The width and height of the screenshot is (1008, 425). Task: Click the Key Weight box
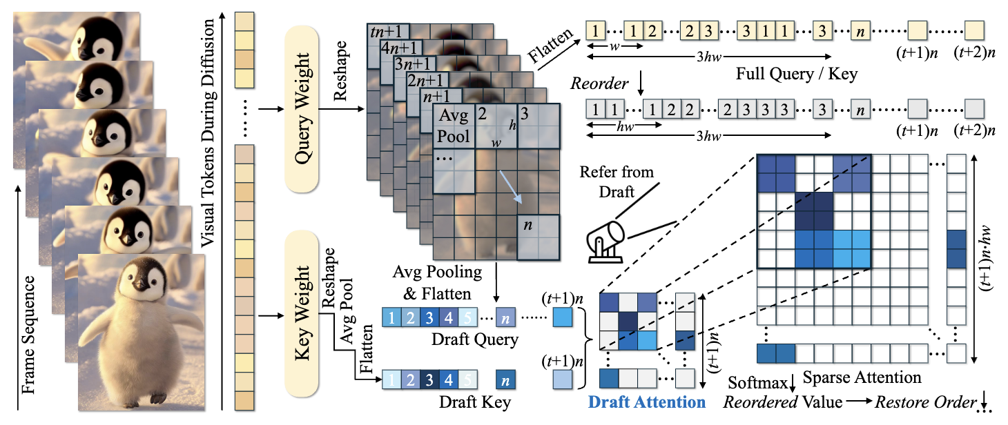click(x=302, y=315)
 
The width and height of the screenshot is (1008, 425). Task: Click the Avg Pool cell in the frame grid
click(x=454, y=126)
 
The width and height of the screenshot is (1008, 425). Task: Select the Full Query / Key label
click(x=797, y=73)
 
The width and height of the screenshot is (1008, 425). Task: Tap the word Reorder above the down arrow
click(x=599, y=83)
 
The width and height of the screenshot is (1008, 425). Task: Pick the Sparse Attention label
click(x=873, y=377)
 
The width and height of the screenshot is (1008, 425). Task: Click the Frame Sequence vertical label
click(x=28, y=335)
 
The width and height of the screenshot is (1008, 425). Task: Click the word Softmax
click(x=749, y=382)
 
